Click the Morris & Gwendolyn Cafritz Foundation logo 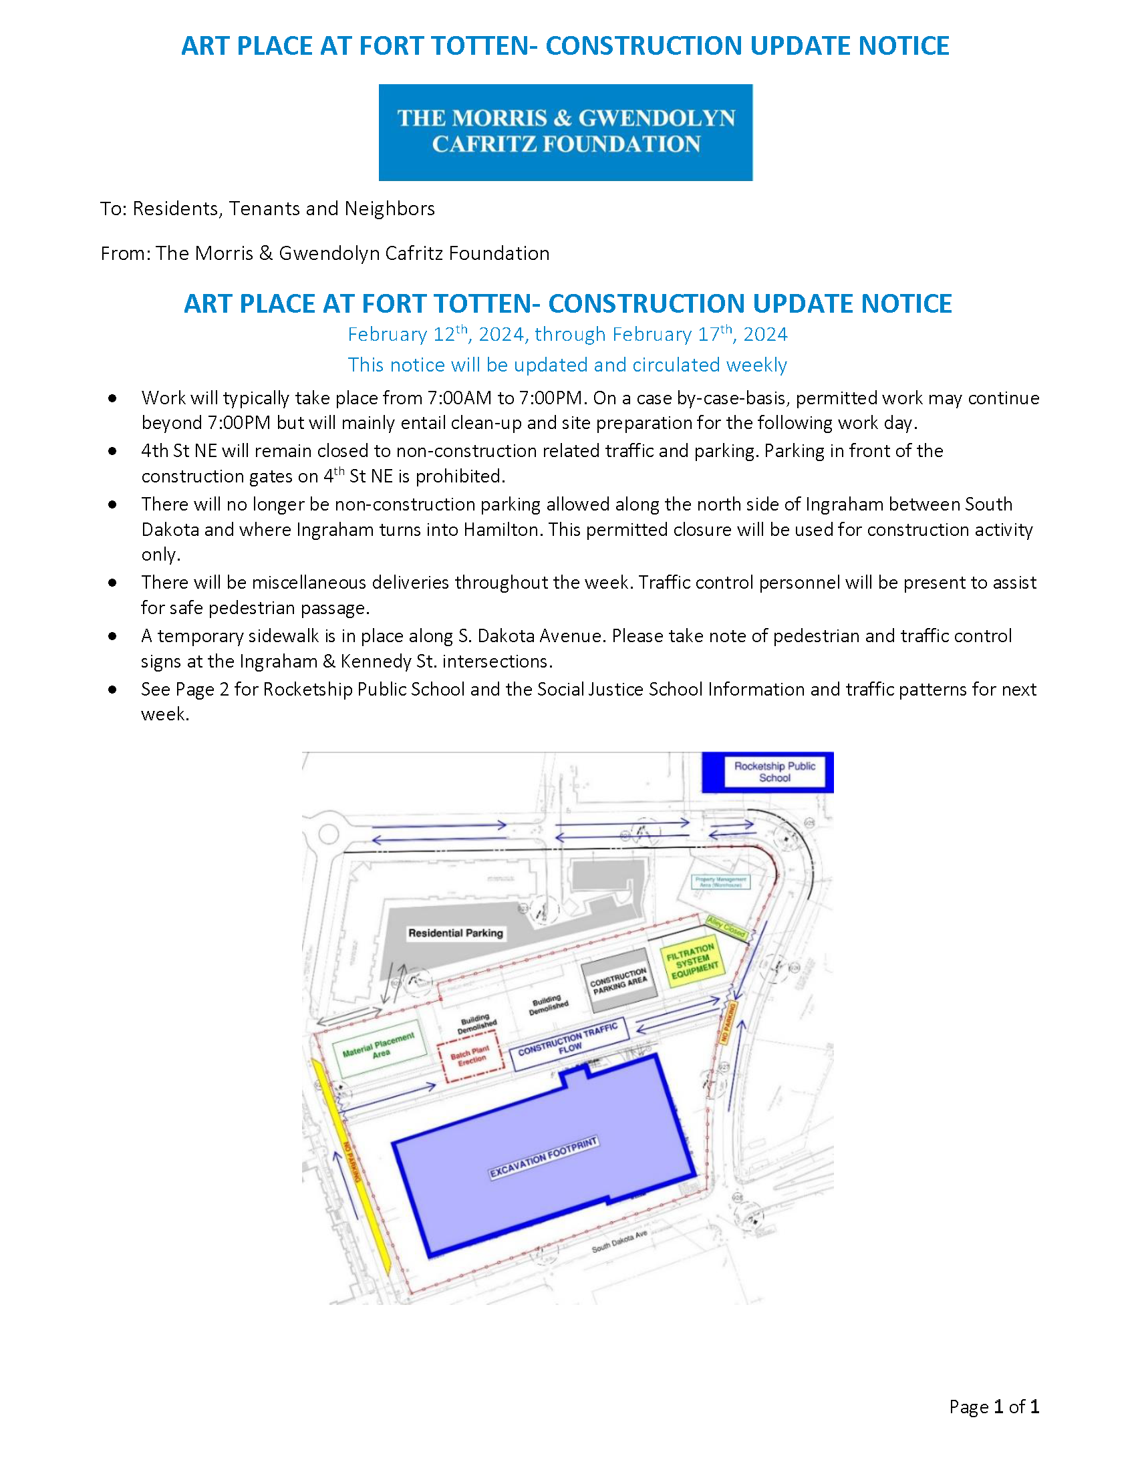[x=565, y=132]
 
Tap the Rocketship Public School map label [x=774, y=772]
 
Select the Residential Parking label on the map [x=456, y=933]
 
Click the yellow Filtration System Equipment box [x=692, y=960]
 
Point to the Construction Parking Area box [x=619, y=982]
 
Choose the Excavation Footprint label [x=543, y=1158]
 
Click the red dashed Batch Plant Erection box [x=470, y=1055]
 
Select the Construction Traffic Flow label [x=569, y=1042]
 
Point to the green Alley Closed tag [x=726, y=927]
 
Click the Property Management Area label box [x=721, y=882]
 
